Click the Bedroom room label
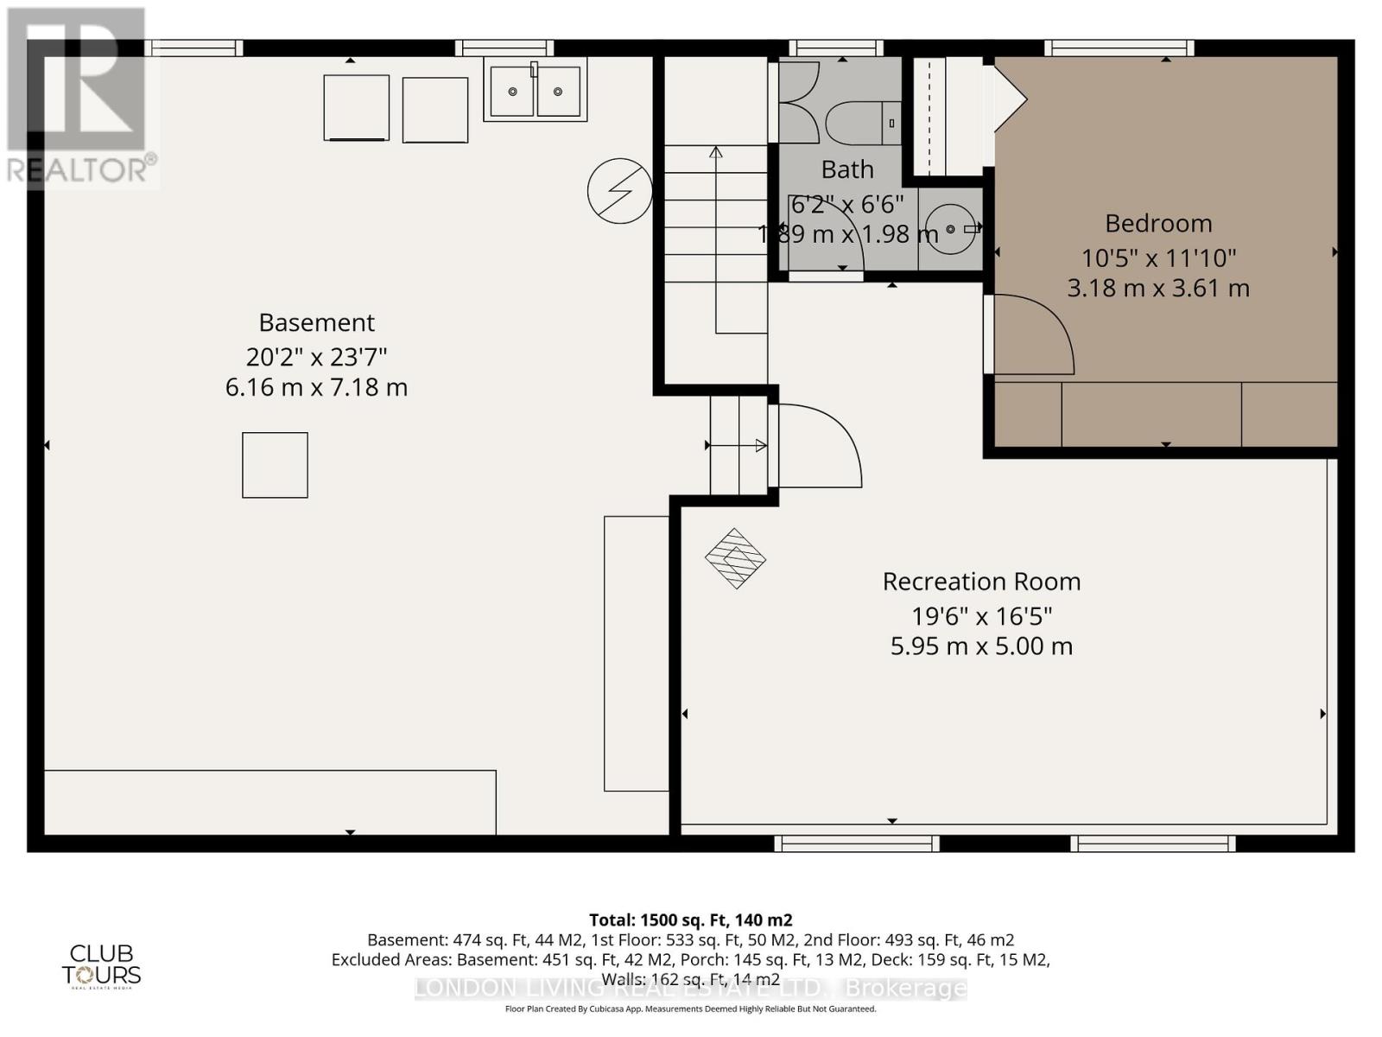tap(1158, 223)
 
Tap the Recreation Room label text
tap(981, 582)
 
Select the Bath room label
tap(847, 169)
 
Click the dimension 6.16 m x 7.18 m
tap(316, 386)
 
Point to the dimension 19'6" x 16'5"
tap(981, 616)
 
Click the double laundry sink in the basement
tap(535, 90)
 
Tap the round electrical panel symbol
tap(619, 191)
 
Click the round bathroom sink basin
tap(950, 229)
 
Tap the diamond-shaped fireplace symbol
tap(735, 558)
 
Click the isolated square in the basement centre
tap(275, 465)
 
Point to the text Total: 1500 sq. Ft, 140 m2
tap(690, 919)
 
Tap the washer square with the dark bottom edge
tap(356, 108)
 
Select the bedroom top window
tap(1119, 48)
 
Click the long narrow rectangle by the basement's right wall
tap(636, 653)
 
